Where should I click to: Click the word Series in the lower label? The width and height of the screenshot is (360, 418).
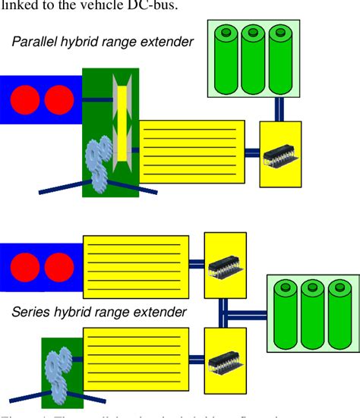click(x=30, y=312)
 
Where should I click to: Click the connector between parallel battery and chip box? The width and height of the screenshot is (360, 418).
click(x=279, y=110)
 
